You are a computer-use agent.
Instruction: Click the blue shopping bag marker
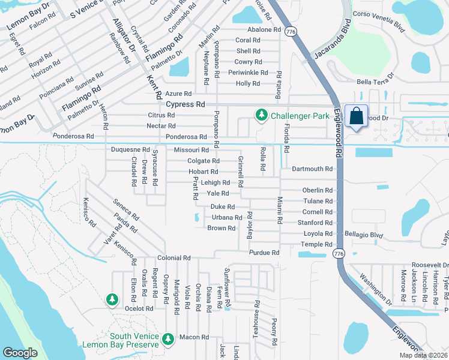tap(356, 116)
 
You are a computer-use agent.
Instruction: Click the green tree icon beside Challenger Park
tap(261, 115)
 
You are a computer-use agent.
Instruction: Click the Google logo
tap(20, 353)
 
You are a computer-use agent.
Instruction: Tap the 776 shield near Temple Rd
tap(340, 254)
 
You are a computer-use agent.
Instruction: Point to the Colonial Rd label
tap(173, 258)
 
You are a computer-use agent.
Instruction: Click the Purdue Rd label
tap(265, 253)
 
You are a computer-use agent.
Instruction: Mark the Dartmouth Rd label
tap(312, 169)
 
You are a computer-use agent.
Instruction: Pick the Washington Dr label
tap(375, 288)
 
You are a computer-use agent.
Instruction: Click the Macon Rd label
tap(196, 337)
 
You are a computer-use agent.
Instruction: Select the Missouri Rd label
tap(191, 150)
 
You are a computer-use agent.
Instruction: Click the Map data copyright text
tap(422, 355)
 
